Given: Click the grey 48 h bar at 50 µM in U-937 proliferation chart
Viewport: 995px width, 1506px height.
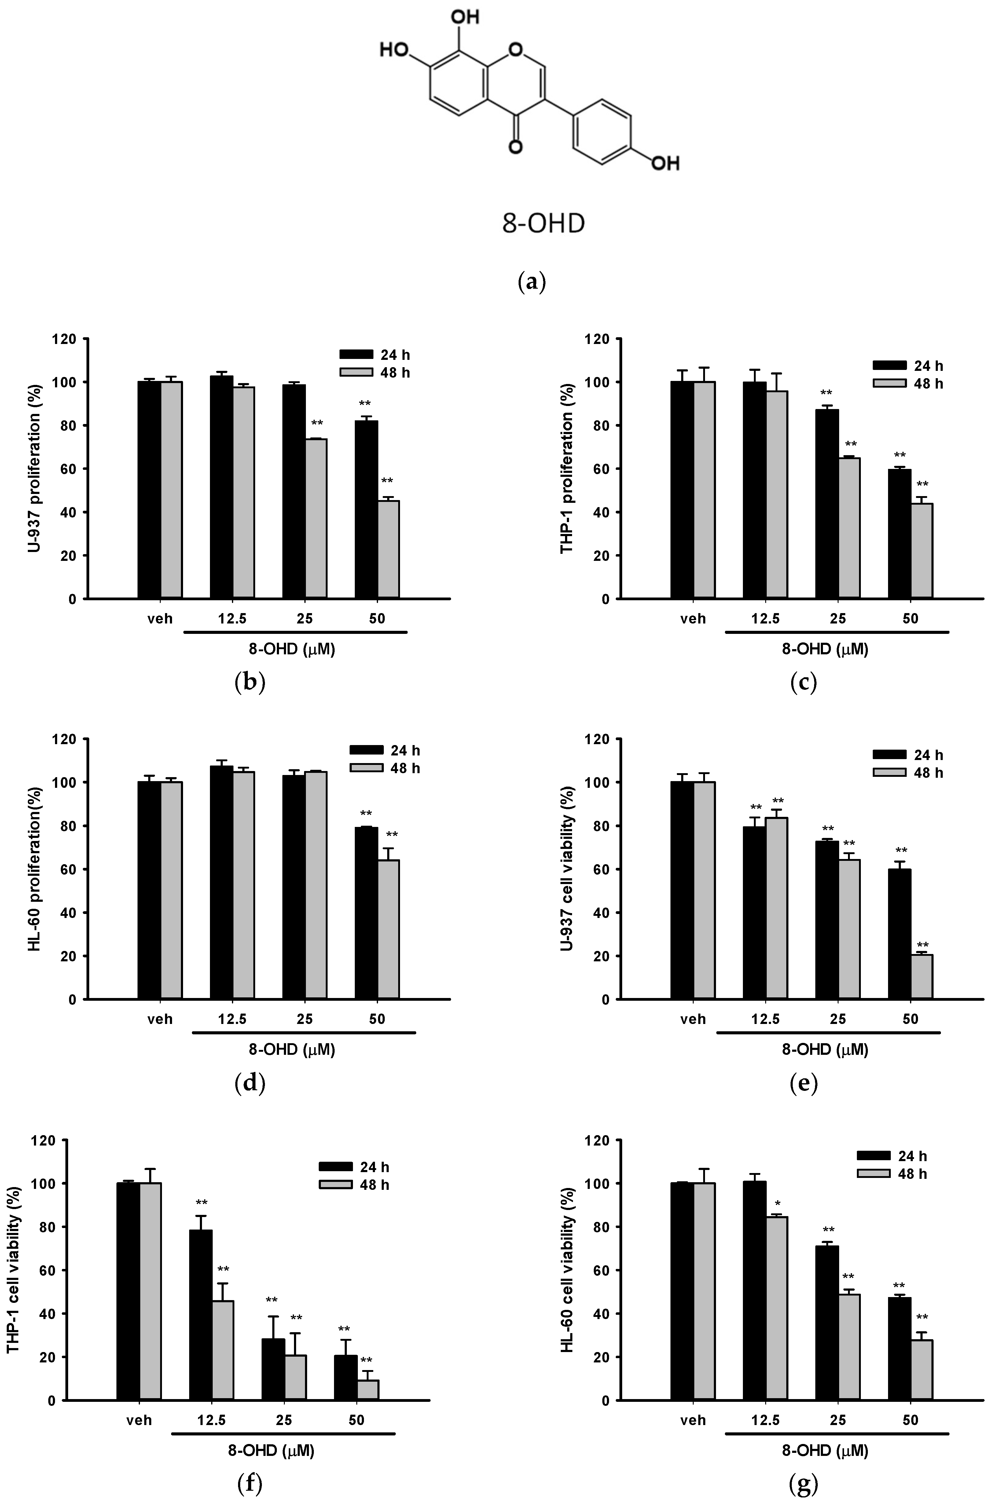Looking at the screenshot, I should pyautogui.click(x=388, y=549).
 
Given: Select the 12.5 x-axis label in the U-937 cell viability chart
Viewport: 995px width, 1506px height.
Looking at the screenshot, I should pyautogui.click(x=765, y=1019).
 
